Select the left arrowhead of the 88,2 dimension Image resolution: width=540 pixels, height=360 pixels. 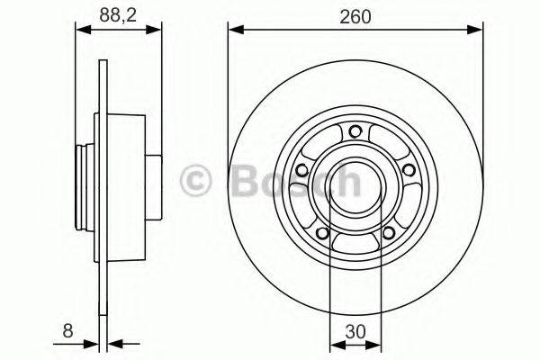[x=80, y=30]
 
